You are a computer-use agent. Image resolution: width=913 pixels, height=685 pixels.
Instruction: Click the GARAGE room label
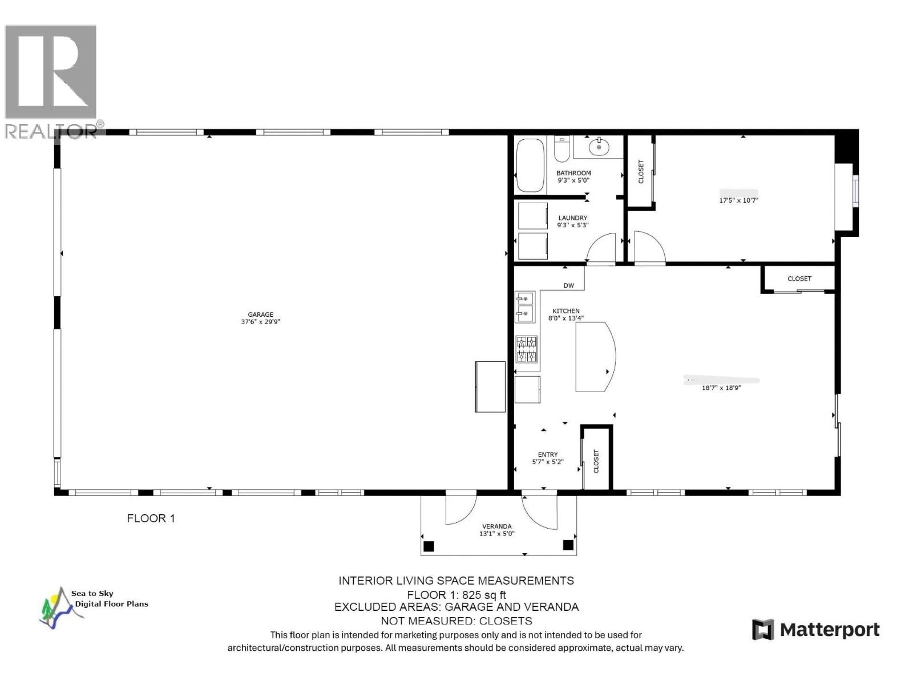260,315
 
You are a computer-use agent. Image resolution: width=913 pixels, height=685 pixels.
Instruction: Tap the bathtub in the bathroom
530,166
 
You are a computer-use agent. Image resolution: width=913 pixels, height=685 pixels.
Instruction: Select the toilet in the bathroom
561,148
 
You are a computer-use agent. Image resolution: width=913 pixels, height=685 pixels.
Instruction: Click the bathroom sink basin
599,147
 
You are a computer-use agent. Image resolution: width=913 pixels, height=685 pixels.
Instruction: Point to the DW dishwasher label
568,285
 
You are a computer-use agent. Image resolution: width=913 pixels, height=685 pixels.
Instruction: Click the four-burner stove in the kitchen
527,349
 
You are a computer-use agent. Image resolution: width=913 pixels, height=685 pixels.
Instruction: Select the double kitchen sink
524,306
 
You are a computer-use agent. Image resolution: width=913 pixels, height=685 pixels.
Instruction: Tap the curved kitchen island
593,357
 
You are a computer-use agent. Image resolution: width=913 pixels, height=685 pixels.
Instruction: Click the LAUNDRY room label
572,218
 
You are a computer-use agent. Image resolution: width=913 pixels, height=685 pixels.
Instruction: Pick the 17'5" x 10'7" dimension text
738,200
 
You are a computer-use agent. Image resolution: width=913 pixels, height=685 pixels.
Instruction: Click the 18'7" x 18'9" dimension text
721,388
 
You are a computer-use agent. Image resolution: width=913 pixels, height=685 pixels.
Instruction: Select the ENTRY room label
547,455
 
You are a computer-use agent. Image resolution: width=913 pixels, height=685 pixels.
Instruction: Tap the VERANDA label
496,526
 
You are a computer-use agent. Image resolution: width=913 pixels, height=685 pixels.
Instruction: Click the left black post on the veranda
429,546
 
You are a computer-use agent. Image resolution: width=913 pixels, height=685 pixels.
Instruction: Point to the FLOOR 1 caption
151,518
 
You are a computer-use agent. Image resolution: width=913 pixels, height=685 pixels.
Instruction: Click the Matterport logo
815,630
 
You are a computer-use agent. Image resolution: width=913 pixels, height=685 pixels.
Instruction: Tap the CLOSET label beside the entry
596,461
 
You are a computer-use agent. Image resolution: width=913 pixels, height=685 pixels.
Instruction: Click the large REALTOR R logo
51,73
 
